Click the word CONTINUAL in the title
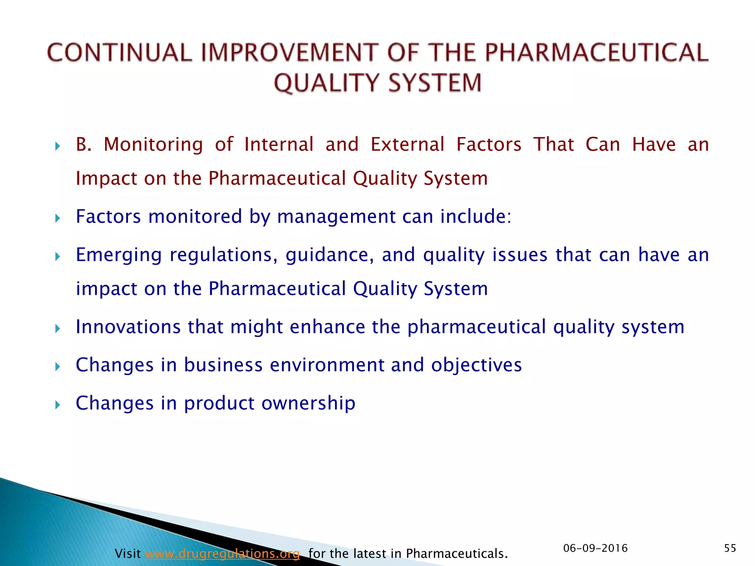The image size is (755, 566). (x=120, y=52)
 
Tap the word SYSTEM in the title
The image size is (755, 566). (x=435, y=83)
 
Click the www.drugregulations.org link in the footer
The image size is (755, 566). (x=222, y=553)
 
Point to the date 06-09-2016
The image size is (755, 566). (x=595, y=548)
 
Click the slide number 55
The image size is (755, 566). (x=730, y=548)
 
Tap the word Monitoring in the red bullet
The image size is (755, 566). (x=153, y=144)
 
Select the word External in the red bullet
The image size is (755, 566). (x=407, y=144)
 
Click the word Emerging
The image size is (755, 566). (x=119, y=255)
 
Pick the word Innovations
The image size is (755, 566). (x=128, y=327)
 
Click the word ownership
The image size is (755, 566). (x=308, y=403)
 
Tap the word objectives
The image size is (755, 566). (x=476, y=365)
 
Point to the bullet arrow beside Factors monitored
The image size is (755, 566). (x=57, y=219)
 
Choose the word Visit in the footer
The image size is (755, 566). (x=128, y=553)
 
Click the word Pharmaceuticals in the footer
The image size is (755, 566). (x=457, y=553)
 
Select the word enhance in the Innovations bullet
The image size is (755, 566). (x=327, y=327)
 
